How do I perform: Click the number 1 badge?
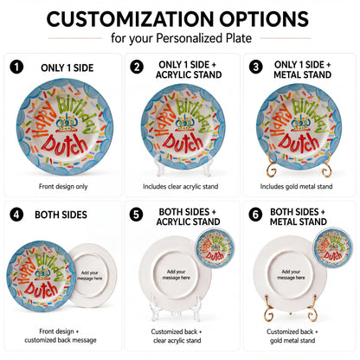coord(16,67)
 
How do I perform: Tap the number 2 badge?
coord(137,67)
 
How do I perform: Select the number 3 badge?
coord(256,67)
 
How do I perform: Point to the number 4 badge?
coord(16,215)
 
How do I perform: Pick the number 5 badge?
coord(136,215)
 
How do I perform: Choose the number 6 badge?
coord(255,215)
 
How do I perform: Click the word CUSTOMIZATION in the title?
coord(130,19)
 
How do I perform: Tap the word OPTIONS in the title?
coord(264,19)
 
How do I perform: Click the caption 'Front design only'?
coord(63,187)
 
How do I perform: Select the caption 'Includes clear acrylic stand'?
coord(180,187)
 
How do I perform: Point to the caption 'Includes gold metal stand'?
coord(296,187)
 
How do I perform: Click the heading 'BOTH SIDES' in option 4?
coord(61,215)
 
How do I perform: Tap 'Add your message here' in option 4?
coord(90,275)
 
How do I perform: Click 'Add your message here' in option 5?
coord(177,274)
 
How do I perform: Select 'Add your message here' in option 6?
coord(291,274)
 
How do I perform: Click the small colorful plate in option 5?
coord(215,248)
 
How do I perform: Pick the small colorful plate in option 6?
coord(333,247)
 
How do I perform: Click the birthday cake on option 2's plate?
coord(183,124)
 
